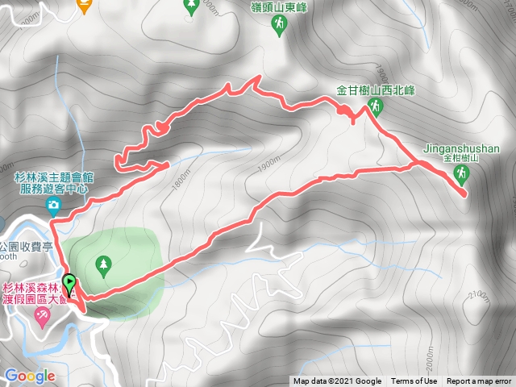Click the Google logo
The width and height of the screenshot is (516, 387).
tap(29, 376)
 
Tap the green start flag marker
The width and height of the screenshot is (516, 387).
tap(69, 285)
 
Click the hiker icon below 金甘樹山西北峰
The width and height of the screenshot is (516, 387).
tap(374, 106)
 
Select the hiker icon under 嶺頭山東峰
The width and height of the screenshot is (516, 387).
tap(278, 27)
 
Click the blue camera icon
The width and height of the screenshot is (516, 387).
tap(53, 206)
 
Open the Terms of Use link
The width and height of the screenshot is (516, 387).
tap(414, 381)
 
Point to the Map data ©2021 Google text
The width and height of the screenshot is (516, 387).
tap(337, 381)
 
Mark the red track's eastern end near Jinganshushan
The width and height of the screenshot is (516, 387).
tap(465, 193)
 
